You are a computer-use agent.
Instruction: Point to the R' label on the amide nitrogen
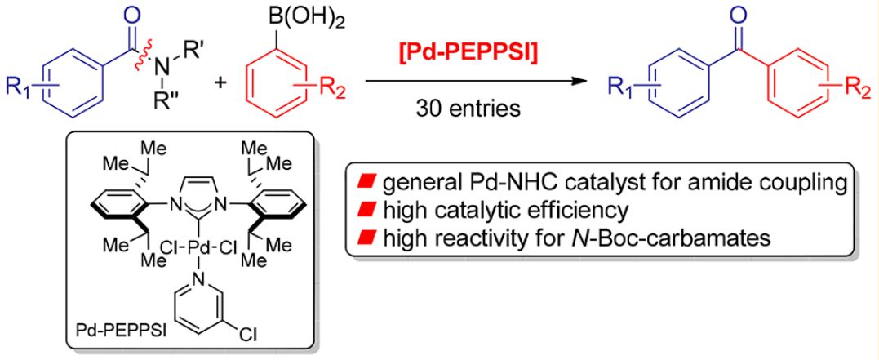[x=193, y=60]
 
